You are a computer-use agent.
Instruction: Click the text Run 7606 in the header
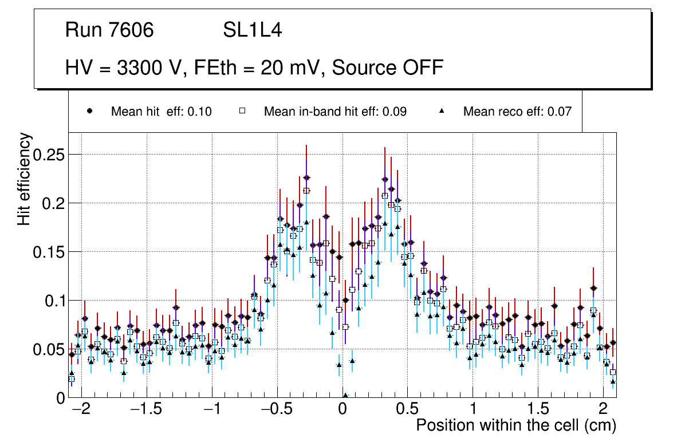coord(109,30)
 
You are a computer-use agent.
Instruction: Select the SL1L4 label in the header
coord(253,30)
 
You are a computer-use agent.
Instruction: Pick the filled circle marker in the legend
coord(90,111)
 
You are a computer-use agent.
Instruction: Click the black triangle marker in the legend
coord(442,111)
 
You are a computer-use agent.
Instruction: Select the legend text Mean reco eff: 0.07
coord(517,112)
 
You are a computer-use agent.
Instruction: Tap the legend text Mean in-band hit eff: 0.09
coord(335,112)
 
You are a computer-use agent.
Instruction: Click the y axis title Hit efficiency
coord(25,179)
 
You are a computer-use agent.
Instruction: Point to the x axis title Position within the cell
coord(515,426)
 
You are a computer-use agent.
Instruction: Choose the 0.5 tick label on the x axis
coord(407,410)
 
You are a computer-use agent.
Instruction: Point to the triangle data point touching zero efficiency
coord(345,395)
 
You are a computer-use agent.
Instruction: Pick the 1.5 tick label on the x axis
coord(537,410)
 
